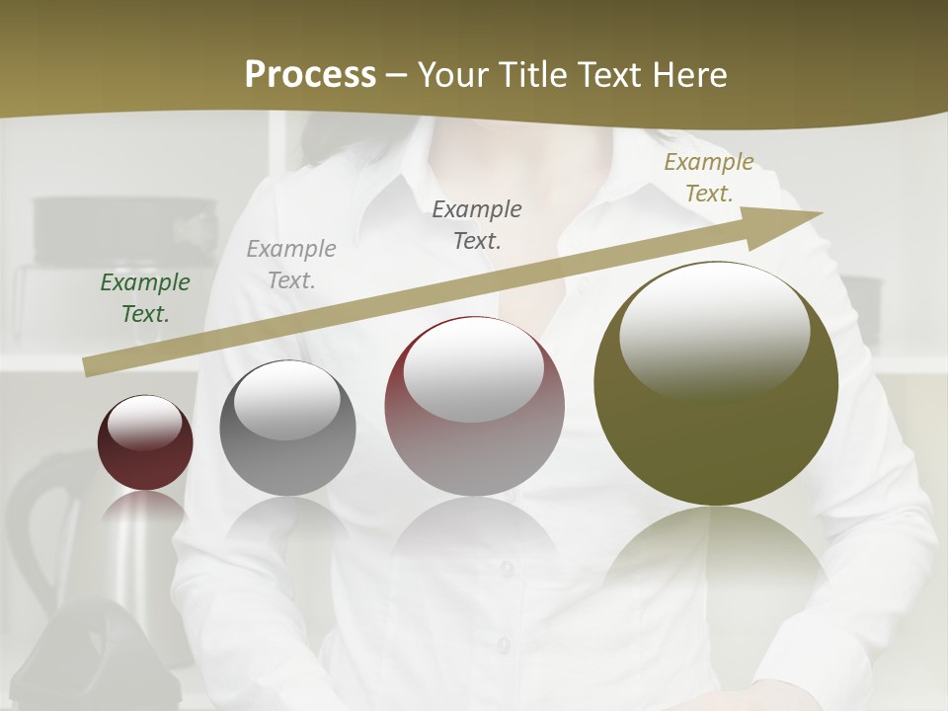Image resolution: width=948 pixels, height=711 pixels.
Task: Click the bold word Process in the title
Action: pos(310,74)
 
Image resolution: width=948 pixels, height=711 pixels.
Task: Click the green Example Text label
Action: pos(145,298)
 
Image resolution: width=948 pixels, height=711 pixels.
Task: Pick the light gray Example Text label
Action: pos(291,265)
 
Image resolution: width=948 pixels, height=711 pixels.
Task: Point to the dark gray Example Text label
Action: pos(477,224)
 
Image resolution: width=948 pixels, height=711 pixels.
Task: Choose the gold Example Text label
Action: pos(709,178)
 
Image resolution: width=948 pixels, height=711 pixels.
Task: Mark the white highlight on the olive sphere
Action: pos(715,331)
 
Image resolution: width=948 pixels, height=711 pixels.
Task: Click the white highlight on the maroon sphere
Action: pos(144,424)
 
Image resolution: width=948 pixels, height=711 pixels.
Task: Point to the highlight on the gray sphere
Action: pos(286,400)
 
